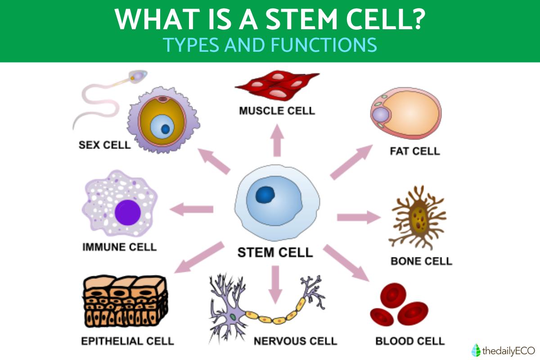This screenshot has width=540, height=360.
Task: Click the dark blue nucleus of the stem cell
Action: [x=266, y=195]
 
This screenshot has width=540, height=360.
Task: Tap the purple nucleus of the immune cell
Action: [x=128, y=212]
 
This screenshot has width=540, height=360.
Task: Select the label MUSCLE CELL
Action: [x=277, y=110]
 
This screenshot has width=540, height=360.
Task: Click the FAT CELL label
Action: [x=414, y=151]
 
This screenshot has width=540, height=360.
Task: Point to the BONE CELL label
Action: [x=421, y=261]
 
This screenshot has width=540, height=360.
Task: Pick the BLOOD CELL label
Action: [x=410, y=341]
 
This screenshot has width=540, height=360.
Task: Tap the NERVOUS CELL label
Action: [x=295, y=341]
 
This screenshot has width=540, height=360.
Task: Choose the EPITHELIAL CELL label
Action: [x=127, y=341]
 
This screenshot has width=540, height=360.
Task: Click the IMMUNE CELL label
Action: [x=120, y=247]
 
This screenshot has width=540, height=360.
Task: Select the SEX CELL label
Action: [x=104, y=145]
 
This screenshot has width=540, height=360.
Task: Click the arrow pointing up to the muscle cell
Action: [x=277, y=140]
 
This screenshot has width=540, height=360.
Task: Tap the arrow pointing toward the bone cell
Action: [x=358, y=217]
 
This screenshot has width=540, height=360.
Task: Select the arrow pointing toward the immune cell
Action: [x=191, y=209]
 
